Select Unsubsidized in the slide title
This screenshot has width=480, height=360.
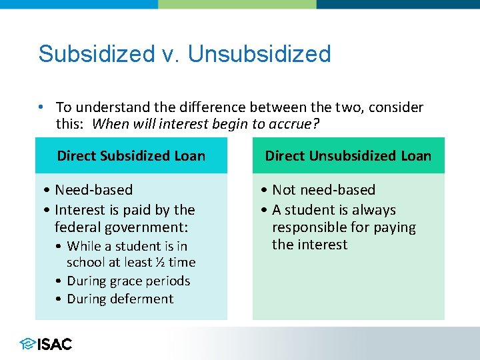point(259,54)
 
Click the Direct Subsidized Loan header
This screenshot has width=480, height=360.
point(131,156)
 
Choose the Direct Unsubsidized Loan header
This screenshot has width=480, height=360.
point(348,156)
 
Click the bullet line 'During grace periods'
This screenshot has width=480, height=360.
point(128,281)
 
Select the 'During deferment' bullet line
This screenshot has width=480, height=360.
point(120,299)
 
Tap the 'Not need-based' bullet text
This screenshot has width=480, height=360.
point(323,191)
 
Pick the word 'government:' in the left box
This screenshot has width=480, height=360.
point(133,228)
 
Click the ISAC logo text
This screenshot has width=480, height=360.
point(55,344)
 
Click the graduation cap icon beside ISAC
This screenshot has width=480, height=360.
point(27,344)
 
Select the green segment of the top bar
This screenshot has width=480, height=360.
point(237,4)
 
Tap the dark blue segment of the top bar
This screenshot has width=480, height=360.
point(398,4)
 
